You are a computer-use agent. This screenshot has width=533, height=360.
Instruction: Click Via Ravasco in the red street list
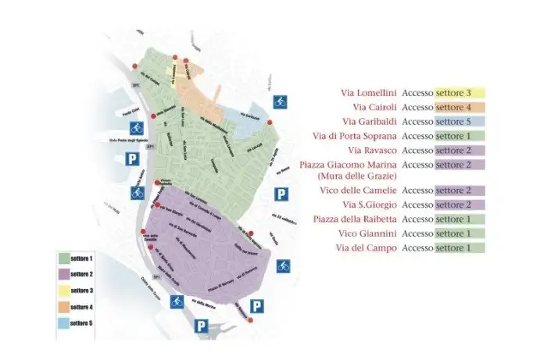click(374, 150)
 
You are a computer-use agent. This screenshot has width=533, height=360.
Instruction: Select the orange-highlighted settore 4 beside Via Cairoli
click(460, 107)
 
